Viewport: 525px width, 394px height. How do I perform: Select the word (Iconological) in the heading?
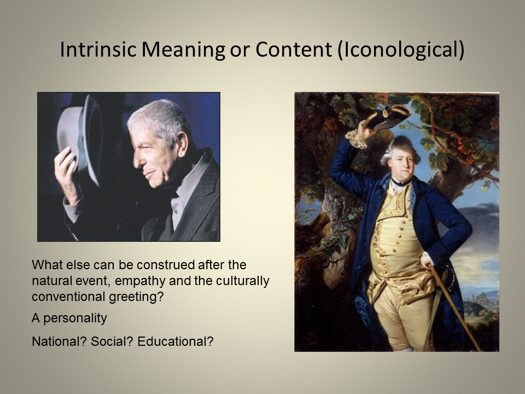point(400,49)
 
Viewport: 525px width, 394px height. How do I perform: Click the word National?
point(59,341)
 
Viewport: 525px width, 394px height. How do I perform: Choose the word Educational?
point(175,341)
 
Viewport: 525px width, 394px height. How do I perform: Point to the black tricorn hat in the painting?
point(388,116)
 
